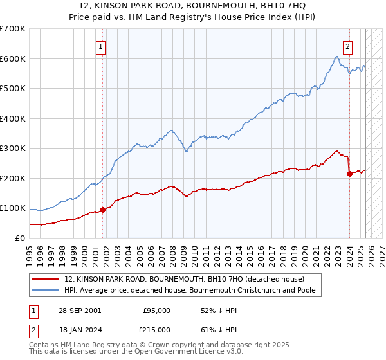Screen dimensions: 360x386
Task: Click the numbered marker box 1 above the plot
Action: pyautogui.click(x=102, y=46)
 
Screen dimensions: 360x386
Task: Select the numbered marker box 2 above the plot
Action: pyautogui.click(x=347, y=46)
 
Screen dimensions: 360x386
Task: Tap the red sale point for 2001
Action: pyautogui.click(x=102, y=209)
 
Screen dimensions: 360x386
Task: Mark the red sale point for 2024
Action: pyautogui.click(x=349, y=174)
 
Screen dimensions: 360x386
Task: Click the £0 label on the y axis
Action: pyautogui.click(x=19, y=238)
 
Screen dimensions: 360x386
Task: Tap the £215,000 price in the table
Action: pyautogui.click(x=156, y=329)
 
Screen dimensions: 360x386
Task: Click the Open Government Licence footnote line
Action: pyautogui.click(x=122, y=353)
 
